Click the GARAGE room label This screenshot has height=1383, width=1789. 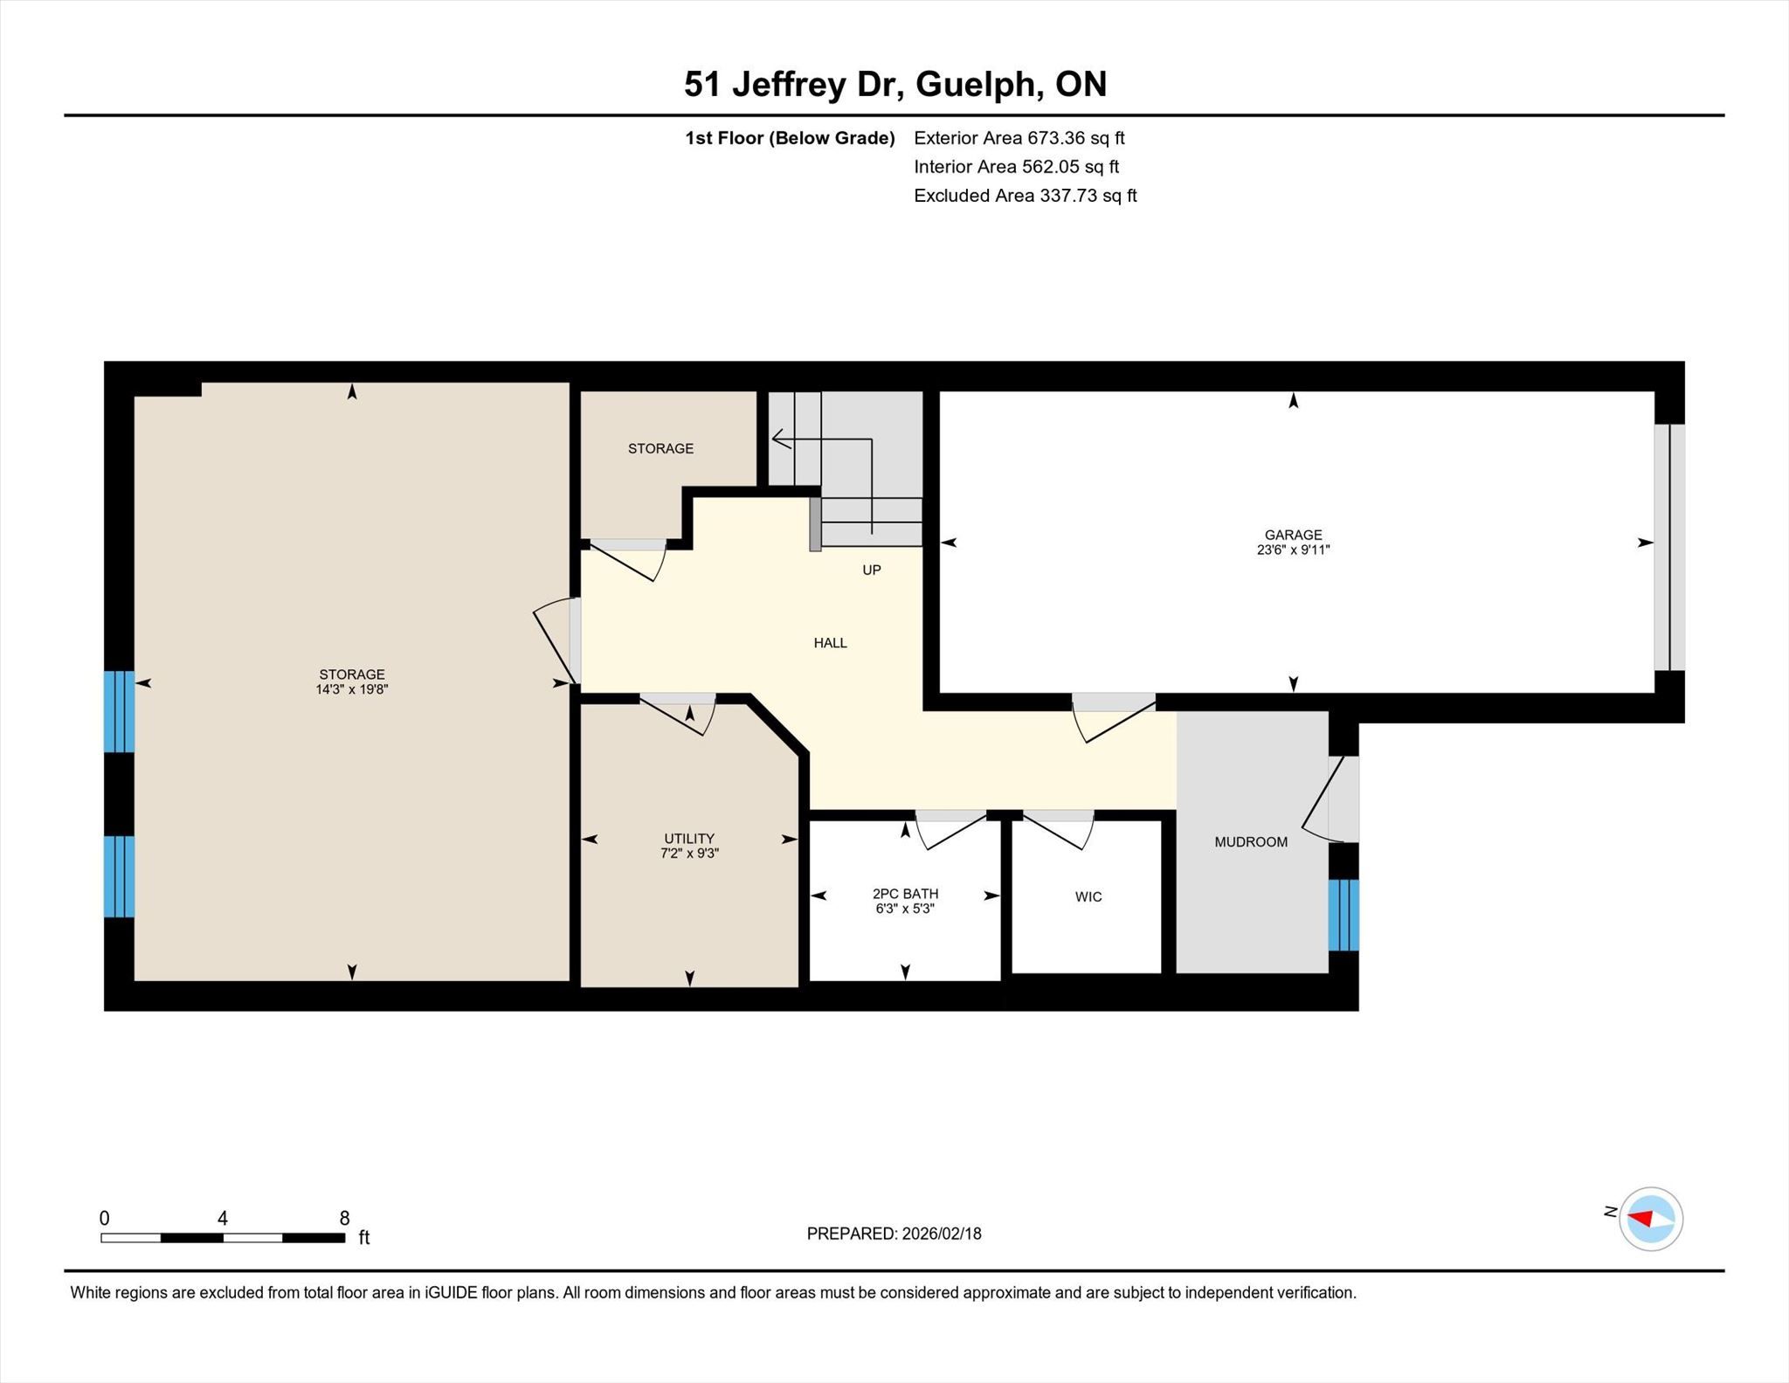(1293, 535)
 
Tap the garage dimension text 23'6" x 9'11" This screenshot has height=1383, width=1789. (1293, 550)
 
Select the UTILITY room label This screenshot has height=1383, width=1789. (689, 838)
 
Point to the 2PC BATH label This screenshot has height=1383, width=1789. (905, 894)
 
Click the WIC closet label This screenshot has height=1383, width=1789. (1088, 896)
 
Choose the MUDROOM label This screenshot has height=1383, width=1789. (1251, 841)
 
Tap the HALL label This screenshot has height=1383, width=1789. (830, 642)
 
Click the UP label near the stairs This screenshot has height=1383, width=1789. (872, 570)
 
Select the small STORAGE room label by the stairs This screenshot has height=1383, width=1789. (660, 448)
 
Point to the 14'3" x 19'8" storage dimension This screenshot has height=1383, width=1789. (352, 689)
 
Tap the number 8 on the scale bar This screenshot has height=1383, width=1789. (344, 1218)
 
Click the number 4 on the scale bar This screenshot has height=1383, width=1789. (223, 1218)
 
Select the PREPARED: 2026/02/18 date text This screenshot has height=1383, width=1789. (894, 1234)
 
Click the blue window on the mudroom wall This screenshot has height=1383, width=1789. (1343, 915)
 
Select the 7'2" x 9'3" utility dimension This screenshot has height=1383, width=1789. (689, 853)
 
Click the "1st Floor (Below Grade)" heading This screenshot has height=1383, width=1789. (790, 138)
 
